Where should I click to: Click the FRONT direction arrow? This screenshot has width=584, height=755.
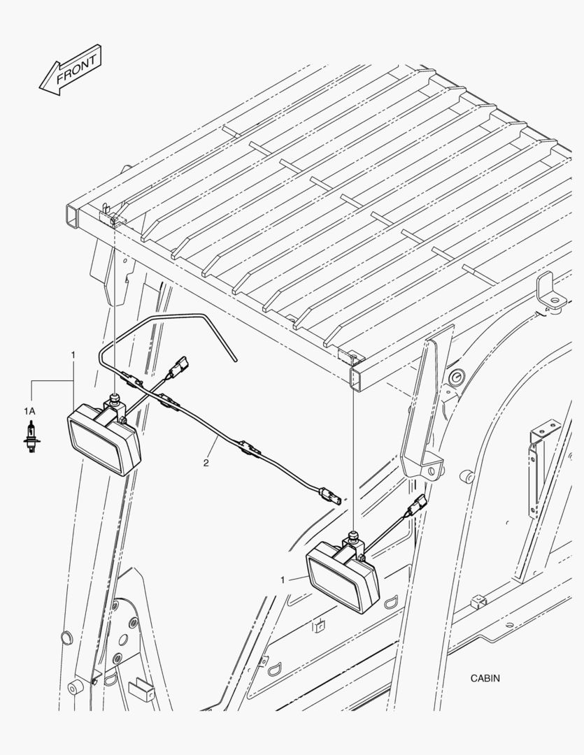coord(70,70)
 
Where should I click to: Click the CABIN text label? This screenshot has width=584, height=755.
coord(485,678)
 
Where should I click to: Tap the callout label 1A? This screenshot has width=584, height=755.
coord(29,411)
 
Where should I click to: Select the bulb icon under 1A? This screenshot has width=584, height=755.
coord(31,436)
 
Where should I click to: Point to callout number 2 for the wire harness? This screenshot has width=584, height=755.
coord(206,463)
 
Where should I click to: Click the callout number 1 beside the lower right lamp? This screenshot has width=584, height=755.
coord(283,580)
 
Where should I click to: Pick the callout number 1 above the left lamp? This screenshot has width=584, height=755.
coord(73,355)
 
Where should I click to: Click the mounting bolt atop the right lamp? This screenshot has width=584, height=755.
coord(354,534)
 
